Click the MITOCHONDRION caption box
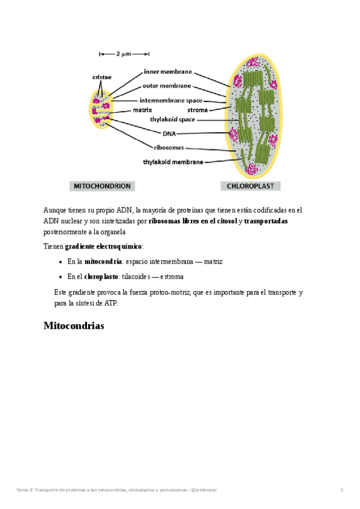[101, 186]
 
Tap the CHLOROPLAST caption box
[251, 186]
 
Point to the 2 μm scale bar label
[123, 54]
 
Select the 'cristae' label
[101, 77]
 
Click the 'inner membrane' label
[167, 71]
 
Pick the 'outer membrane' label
[167, 86]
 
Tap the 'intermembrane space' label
[171, 100]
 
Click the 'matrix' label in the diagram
[142, 110]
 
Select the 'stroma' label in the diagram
[197, 110]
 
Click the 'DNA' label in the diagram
[169, 133]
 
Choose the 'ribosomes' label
[168, 147]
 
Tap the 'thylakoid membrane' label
[173, 161]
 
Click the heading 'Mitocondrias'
[74, 326]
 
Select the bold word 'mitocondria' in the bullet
[102, 262]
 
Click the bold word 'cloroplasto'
[101, 277]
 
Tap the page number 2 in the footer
[341, 490]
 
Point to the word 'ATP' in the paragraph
[112, 303]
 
